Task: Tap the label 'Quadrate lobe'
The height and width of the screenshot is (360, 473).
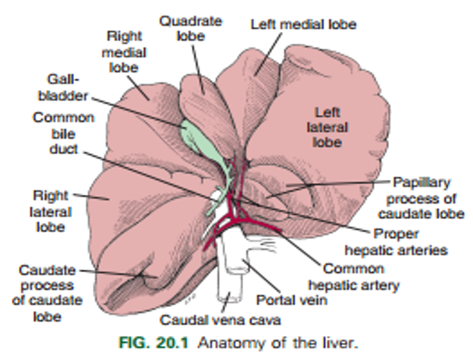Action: point(191,28)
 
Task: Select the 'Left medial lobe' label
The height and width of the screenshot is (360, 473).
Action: point(303,24)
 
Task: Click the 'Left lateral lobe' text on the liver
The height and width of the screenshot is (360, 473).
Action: point(327,127)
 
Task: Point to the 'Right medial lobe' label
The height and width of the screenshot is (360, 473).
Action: point(124,51)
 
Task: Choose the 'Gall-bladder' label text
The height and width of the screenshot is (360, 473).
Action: point(63,87)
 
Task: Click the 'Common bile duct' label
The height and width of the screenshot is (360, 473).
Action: point(63,133)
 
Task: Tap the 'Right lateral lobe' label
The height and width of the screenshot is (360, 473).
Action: point(51,211)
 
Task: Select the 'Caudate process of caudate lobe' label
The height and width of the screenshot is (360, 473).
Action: point(47,293)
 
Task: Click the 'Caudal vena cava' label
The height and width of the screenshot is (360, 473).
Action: point(221,319)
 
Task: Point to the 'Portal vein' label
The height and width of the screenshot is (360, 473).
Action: point(291,300)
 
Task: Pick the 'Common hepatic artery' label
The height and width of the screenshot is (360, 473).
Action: point(354,277)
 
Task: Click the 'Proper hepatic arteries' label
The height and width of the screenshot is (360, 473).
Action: point(396,242)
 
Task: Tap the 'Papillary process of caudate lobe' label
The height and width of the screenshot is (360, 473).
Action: point(421,198)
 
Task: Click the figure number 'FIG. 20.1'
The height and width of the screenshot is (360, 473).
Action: point(154,343)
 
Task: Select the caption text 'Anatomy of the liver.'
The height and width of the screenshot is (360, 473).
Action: point(278,343)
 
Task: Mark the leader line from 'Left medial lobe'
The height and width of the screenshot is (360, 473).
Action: point(268,54)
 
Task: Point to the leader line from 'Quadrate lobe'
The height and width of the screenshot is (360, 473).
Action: point(198,69)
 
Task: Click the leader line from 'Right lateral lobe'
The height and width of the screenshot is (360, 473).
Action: point(91,196)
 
